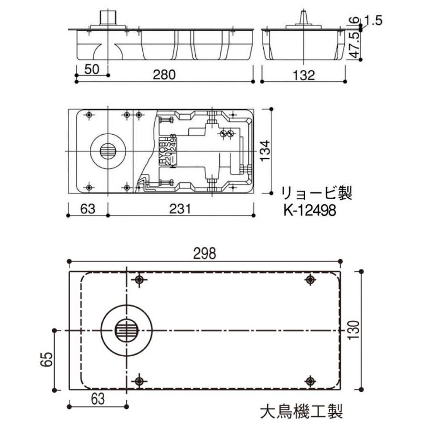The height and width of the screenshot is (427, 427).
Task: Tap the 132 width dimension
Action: (x=303, y=75)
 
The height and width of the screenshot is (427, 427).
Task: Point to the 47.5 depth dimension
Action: (x=354, y=46)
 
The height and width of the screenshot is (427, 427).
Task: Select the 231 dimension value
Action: (x=181, y=209)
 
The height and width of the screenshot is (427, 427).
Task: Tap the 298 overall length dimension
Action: (x=205, y=253)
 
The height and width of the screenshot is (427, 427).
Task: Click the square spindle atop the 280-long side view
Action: (x=108, y=18)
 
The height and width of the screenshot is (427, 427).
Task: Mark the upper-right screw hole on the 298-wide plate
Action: (x=311, y=280)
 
